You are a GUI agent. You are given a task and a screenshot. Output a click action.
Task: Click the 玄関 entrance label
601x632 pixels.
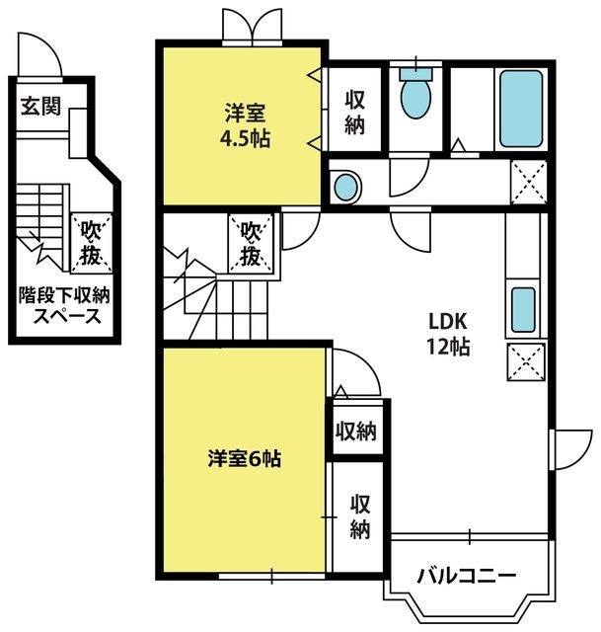[40, 106]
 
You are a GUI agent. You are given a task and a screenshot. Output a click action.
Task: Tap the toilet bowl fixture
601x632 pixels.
[415, 94]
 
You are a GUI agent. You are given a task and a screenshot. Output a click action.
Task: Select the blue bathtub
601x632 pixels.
[521, 109]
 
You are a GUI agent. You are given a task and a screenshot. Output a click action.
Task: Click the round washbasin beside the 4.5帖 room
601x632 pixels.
[345, 188]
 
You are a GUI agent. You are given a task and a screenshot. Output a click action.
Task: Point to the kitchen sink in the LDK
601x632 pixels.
[523, 309]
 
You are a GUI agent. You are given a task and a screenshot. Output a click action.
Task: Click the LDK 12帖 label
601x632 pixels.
[448, 334]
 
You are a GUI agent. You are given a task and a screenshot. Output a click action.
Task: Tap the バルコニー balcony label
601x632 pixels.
[467, 577]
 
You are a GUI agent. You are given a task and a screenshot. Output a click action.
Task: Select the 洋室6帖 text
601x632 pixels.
[245, 458]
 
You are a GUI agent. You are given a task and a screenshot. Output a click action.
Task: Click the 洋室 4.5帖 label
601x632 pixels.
[245, 125]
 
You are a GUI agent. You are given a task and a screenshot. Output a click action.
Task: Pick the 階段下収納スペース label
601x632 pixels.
[64, 306]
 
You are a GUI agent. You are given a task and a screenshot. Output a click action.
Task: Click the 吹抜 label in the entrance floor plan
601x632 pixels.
[92, 243]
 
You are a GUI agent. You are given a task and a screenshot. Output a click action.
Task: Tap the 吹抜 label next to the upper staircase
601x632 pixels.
[251, 244]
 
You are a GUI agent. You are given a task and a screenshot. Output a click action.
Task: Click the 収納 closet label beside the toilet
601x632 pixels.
[354, 112]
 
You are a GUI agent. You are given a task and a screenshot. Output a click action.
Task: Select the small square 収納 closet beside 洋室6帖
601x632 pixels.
[356, 431]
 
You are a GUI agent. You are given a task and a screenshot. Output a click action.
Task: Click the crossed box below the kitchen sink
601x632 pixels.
[526, 361]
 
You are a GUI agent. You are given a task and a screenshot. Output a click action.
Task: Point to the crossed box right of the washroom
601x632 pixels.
[529, 182]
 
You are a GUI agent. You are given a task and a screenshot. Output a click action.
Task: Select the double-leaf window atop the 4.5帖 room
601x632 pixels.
[253, 27]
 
